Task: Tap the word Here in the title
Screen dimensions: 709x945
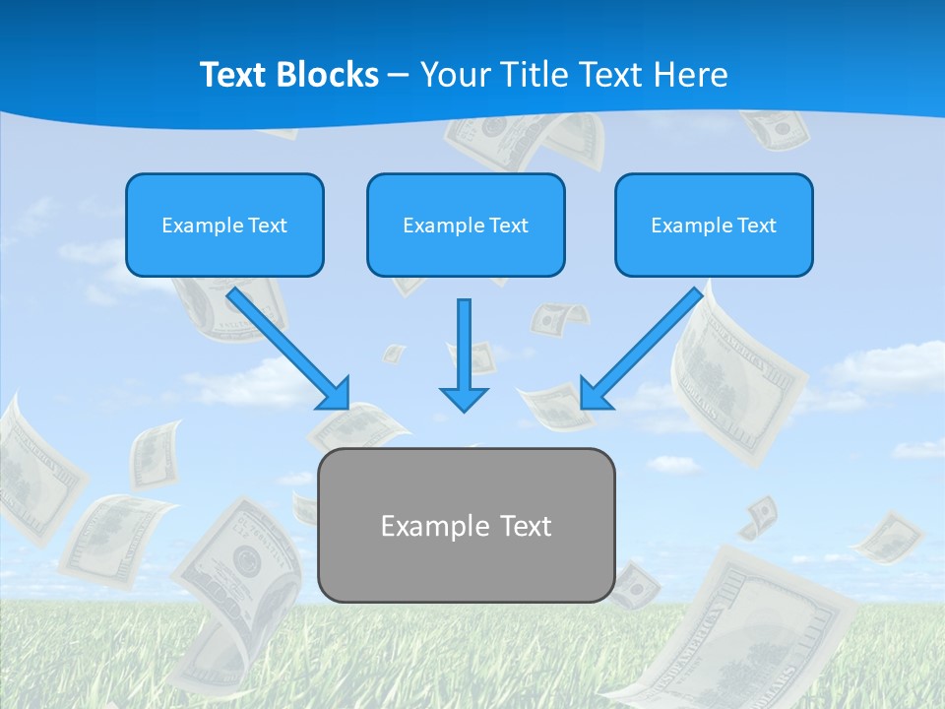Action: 688,75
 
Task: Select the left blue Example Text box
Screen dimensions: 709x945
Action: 224,226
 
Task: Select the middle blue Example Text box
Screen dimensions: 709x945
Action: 466,226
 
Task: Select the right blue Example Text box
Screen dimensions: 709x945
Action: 714,226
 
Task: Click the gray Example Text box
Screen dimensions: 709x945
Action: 466,525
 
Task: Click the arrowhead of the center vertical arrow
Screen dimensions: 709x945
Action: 464,399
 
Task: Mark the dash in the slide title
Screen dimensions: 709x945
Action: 399,76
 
